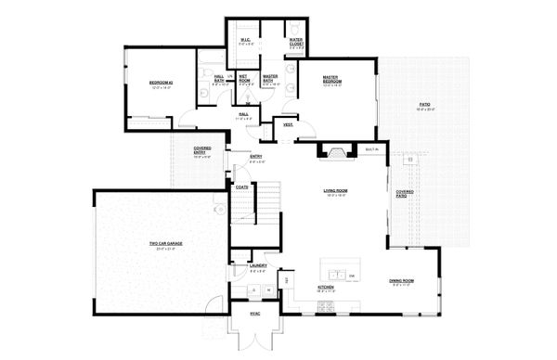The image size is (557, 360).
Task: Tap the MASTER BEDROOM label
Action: click(x=332, y=80)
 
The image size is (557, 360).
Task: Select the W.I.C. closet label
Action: click(x=245, y=40)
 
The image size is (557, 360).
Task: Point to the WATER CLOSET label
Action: click(x=295, y=41)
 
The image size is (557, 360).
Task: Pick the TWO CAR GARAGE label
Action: click(x=163, y=245)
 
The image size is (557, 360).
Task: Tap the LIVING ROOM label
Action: click(x=334, y=192)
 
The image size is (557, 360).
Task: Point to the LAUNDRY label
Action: click(x=258, y=266)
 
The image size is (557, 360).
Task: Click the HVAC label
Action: click(x=254, y=314)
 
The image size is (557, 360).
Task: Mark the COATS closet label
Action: click(x=241, y=187)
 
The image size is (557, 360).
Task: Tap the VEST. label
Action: click(x=288, y=123)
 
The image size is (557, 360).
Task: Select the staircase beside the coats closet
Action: click(x=267, y=200)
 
